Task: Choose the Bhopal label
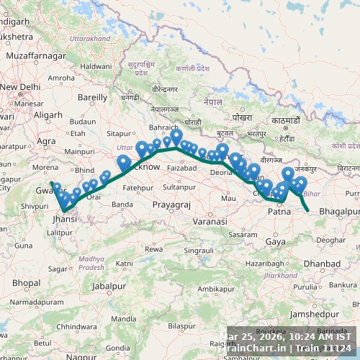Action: (26, 283)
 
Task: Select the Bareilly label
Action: (92, 96)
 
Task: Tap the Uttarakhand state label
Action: (91, 37)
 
